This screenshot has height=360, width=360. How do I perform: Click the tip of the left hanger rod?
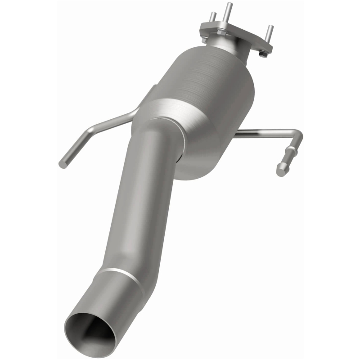tap(63, 164)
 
